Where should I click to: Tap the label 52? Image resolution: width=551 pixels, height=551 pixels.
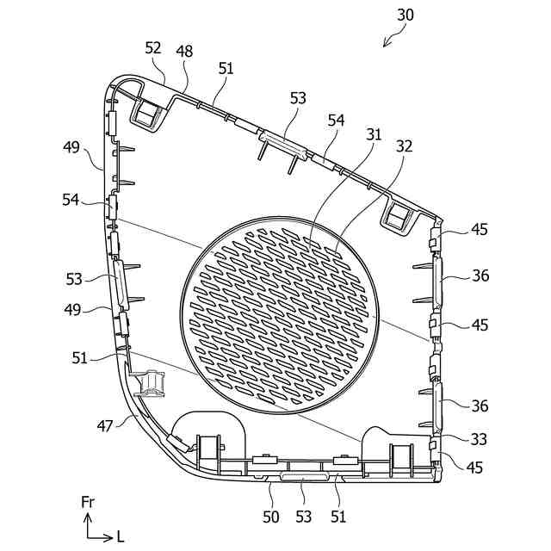pos(153,49)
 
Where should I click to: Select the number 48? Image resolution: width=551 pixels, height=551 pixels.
pos(184,52)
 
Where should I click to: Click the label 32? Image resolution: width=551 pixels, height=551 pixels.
pos(405,146)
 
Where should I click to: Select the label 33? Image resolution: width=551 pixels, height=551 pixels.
pos(480,439)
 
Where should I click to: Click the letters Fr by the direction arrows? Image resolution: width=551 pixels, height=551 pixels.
pos(88,501)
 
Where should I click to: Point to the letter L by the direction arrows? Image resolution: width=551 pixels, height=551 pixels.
pos(121,536)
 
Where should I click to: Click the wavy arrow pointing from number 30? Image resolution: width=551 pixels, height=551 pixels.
pos(393,35)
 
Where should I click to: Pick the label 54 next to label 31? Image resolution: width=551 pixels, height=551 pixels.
pos(337,121)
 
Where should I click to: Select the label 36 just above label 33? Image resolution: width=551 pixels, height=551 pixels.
pos(480,406)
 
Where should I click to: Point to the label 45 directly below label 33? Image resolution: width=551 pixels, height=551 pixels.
pos(475,467)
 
